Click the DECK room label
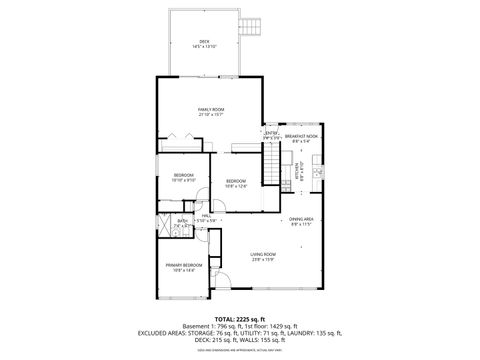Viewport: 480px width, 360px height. (204, 41)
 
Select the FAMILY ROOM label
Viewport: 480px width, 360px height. (210, 108)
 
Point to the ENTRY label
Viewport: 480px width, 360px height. (271, 133)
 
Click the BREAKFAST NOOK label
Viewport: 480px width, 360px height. (301, 136)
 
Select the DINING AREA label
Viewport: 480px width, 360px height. (301, 219)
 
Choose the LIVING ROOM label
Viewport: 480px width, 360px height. (262, 254)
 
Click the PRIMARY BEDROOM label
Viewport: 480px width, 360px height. (187, 264)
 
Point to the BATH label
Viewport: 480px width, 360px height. (182, 222)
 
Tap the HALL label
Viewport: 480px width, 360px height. (205, 215)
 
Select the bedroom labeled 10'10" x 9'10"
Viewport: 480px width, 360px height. (184, 177)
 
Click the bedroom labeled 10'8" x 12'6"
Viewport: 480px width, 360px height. (236, 182)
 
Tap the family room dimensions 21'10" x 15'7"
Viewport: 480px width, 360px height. (210, 113)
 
